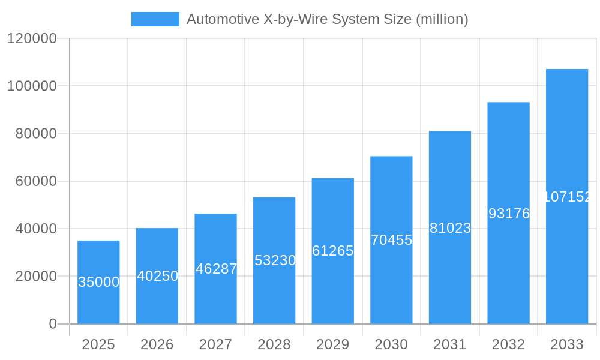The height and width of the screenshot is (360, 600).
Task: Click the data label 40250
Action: (157, 276)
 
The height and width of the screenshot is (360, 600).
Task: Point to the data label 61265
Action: (333, 251)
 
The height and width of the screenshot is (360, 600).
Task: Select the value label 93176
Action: (509, 213)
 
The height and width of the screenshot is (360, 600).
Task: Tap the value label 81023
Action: (450, 228)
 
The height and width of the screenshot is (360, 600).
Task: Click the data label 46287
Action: (216, 269)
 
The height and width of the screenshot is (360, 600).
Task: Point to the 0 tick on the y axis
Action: (52, 324)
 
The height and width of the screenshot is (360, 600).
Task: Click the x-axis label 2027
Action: (215, 344)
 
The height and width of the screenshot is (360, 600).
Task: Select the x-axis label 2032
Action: (508, 344)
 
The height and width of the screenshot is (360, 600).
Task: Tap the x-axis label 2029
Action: (332, 344)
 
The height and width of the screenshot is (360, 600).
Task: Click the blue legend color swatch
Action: (155, 19)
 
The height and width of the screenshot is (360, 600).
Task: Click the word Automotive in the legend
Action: (223, 19)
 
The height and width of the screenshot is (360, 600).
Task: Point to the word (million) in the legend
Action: (442, 19)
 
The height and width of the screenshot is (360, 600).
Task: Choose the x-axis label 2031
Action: (449, 344)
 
